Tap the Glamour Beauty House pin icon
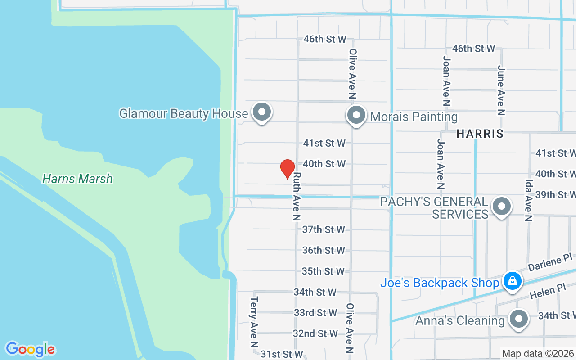point(261,112)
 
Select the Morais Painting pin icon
point(356,115)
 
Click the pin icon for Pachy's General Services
point(501,207)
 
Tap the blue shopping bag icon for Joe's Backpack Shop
point(512,281)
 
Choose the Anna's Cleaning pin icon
point(519,319)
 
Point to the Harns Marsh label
point(77,179)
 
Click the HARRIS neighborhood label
point(480,134)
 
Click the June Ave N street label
point(501,90)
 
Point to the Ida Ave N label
point(529,201)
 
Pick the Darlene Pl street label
point(550,262)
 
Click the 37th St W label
point(323,229)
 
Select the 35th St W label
point(323,271)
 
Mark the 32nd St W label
point(315,333)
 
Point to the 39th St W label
point(555,195)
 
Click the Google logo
point(30,349)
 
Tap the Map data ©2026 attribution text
point(538,354)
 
